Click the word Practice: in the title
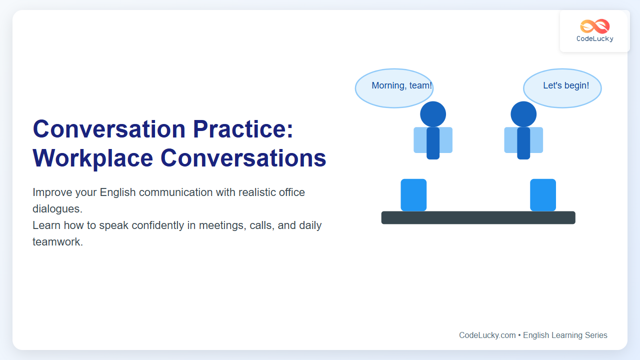pyautogui.click(x=243, y=129)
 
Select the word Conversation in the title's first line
pyautogui.click(x=109, y=129)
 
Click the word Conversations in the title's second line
pyautogui.click(x=243, y=158)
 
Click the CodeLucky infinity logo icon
pyautogui.click(x=595, y=26)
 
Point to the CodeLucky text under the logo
pyautogui.click(x=595, y=38)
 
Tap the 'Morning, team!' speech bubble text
pyautogui.click(x=401, y=85)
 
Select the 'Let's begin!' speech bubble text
pyautogui.click(x=566, y=85)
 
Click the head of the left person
pyautogui.click(x=433, y=114)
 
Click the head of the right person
pyautogui.click(x=523, y=114)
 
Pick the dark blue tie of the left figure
pyautogui.click(x=433, y=143)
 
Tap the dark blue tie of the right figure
pyautogui.click(x=523, y=143)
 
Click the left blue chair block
pyautogui.click(x=413, y=195)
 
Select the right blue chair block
pyautogui.click(x=543, y=195)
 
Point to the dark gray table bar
pyautogui.click(x=478, y=217)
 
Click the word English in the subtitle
pyautogui.click(x=117, y=192)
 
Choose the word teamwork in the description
pyautogui.click(x=57, y=241)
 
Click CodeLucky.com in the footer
pyautogui.click(x=487, y=335)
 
